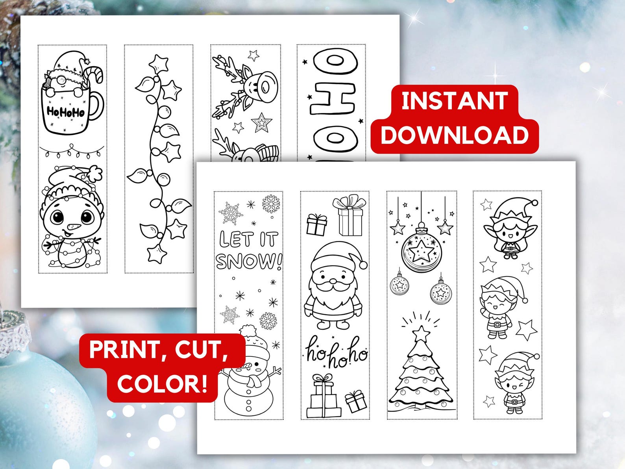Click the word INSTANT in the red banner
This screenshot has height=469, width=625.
click(454, 101)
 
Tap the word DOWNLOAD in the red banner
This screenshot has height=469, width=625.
click(454, 135)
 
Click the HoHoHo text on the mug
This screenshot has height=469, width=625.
click(65, 112)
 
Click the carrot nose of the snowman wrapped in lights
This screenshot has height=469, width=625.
click(74, 228)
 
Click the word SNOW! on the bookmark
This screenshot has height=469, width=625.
click(249, 261)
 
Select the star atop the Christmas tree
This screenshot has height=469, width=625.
click(421, 333)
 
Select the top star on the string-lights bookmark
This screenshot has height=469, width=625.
click(159, 63)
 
